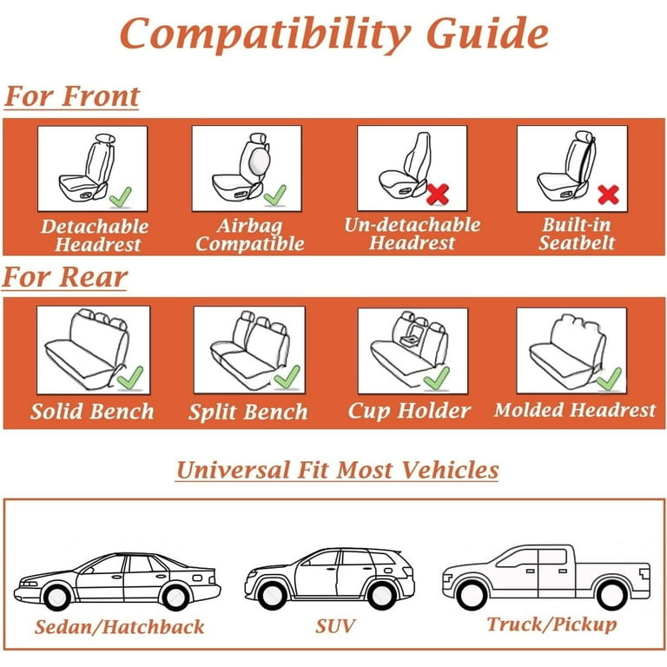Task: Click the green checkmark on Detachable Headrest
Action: pos(121,197)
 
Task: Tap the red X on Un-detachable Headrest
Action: pos(438,194)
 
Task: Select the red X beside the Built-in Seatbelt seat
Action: pos(608,195)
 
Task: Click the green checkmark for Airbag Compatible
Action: pos(274,195)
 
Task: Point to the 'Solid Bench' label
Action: pos(92,412)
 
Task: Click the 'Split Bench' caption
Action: pos(248,412)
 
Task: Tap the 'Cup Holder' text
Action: pos(409,411)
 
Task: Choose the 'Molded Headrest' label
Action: pos(575,410)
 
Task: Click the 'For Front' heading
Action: pos(72,96)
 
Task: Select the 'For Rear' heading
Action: pos(64,277)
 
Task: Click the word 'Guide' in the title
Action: pos(487,34)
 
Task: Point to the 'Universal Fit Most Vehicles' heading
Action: pos(337,470)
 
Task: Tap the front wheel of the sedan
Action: pos(57,598)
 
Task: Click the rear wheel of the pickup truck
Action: pos(611,595)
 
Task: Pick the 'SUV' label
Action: pos(335,626)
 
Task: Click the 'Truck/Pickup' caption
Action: pos(551,624)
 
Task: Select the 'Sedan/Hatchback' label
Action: pos(120,627)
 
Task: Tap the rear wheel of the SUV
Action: pos(381,596)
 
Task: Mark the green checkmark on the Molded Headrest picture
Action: pos(609,379)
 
